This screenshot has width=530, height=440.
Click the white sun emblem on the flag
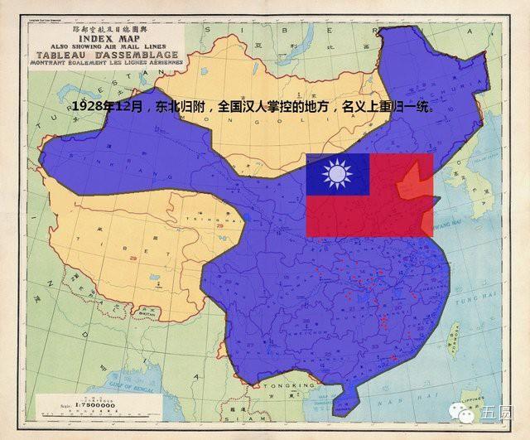pyautogui.click(x=337, y=175)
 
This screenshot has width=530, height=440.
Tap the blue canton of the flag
pyautogui.click(x=337, y=175)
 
